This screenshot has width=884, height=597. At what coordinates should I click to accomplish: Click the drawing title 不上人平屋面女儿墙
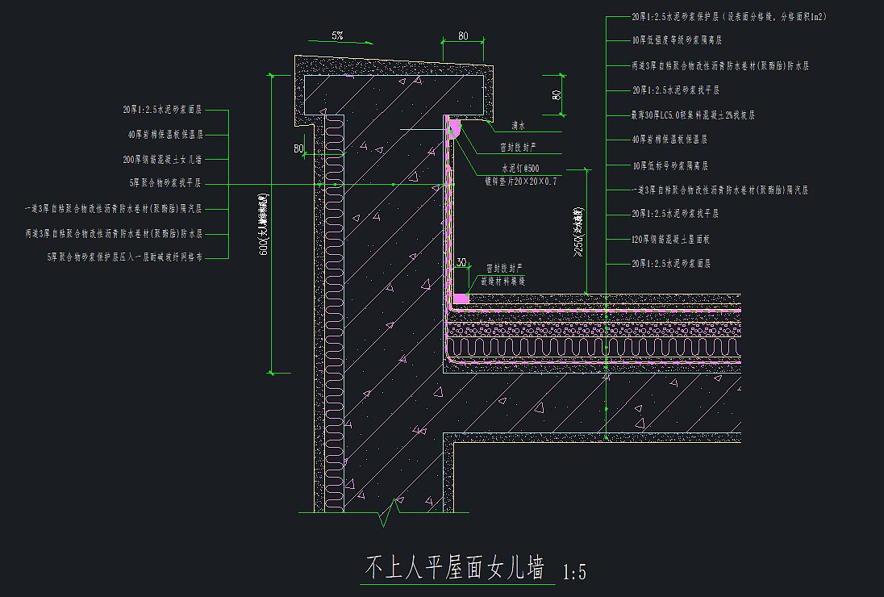(x=456, y=568)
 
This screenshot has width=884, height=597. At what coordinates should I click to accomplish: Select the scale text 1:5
(x=573, y=573)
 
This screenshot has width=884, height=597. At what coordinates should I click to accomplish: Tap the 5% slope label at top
(x=336, y=36)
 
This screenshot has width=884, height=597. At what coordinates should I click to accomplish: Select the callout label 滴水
(x=518, y=126)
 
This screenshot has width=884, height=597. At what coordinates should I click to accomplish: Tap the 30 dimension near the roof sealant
(x=461, y=262)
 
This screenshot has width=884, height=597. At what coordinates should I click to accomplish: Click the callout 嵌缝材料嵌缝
(x=503, y=281)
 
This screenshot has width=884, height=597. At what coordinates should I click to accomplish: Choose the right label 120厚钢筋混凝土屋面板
(x=674, y=239)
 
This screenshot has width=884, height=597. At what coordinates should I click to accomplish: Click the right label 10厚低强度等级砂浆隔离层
(x=677, y=40)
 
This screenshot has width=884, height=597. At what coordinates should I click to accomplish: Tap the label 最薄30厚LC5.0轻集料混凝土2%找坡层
(x=693, y=115)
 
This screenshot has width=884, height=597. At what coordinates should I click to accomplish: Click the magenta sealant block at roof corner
(x=461, y=298)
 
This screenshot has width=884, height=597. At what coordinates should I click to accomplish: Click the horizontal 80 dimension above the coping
(x=462, y=35)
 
